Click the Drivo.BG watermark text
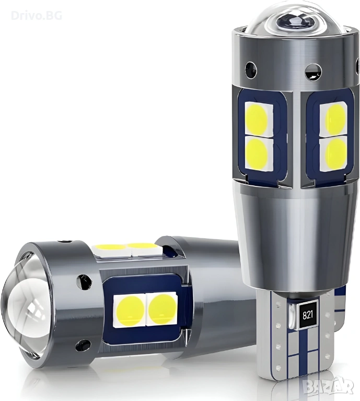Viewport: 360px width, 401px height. [36, 15]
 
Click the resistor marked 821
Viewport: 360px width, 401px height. [308, 314]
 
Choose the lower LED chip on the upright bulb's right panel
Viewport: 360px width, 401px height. [335, 150]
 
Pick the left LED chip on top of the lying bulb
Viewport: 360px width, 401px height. [112, 247]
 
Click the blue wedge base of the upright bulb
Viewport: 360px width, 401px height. [293, 345]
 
